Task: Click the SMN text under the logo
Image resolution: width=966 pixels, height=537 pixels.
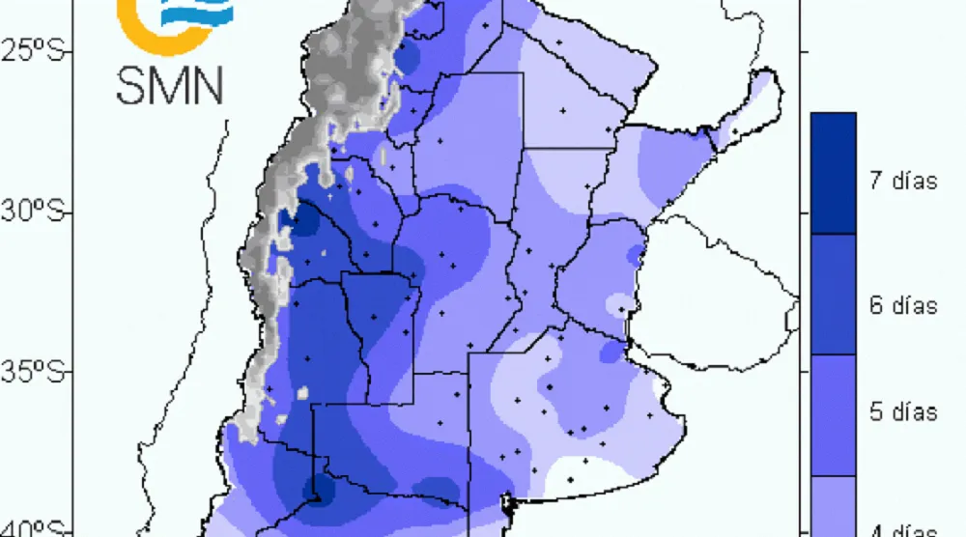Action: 170,84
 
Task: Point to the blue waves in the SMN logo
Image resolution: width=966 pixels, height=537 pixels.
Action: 202,12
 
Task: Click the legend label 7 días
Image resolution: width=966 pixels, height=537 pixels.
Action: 902,181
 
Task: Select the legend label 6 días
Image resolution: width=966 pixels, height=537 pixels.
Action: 902,306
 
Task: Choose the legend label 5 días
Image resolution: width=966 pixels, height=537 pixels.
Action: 902,412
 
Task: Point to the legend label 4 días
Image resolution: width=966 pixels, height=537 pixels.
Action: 902,529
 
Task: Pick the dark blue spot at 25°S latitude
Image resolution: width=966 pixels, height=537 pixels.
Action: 408,57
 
